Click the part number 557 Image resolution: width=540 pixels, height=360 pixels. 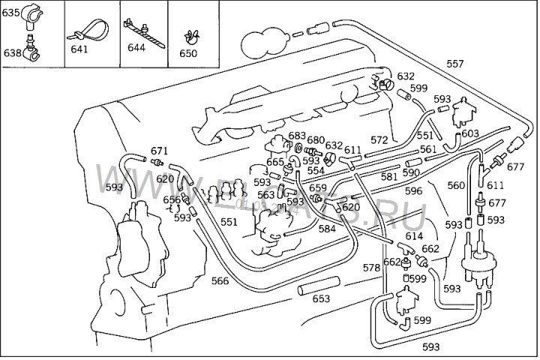tap(454, 64)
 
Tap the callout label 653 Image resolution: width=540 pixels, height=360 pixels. tap(321, 298)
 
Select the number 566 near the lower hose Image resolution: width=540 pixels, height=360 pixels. tap(220, 281)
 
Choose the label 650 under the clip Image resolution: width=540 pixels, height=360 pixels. tap(188, 53)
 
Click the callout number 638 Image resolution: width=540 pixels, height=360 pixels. tap(10, 52)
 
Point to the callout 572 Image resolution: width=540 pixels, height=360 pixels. tap(379, 139)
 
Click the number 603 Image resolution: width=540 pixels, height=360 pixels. tap(469, 133)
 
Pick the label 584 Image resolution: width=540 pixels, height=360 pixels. tap(327, 229)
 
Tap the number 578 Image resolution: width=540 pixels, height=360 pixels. tap(371, 267)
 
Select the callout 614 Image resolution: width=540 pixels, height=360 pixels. tap(414, 235)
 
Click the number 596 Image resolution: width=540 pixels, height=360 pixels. tap(413, 191)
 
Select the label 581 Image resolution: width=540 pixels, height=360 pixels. tap(388, 177)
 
